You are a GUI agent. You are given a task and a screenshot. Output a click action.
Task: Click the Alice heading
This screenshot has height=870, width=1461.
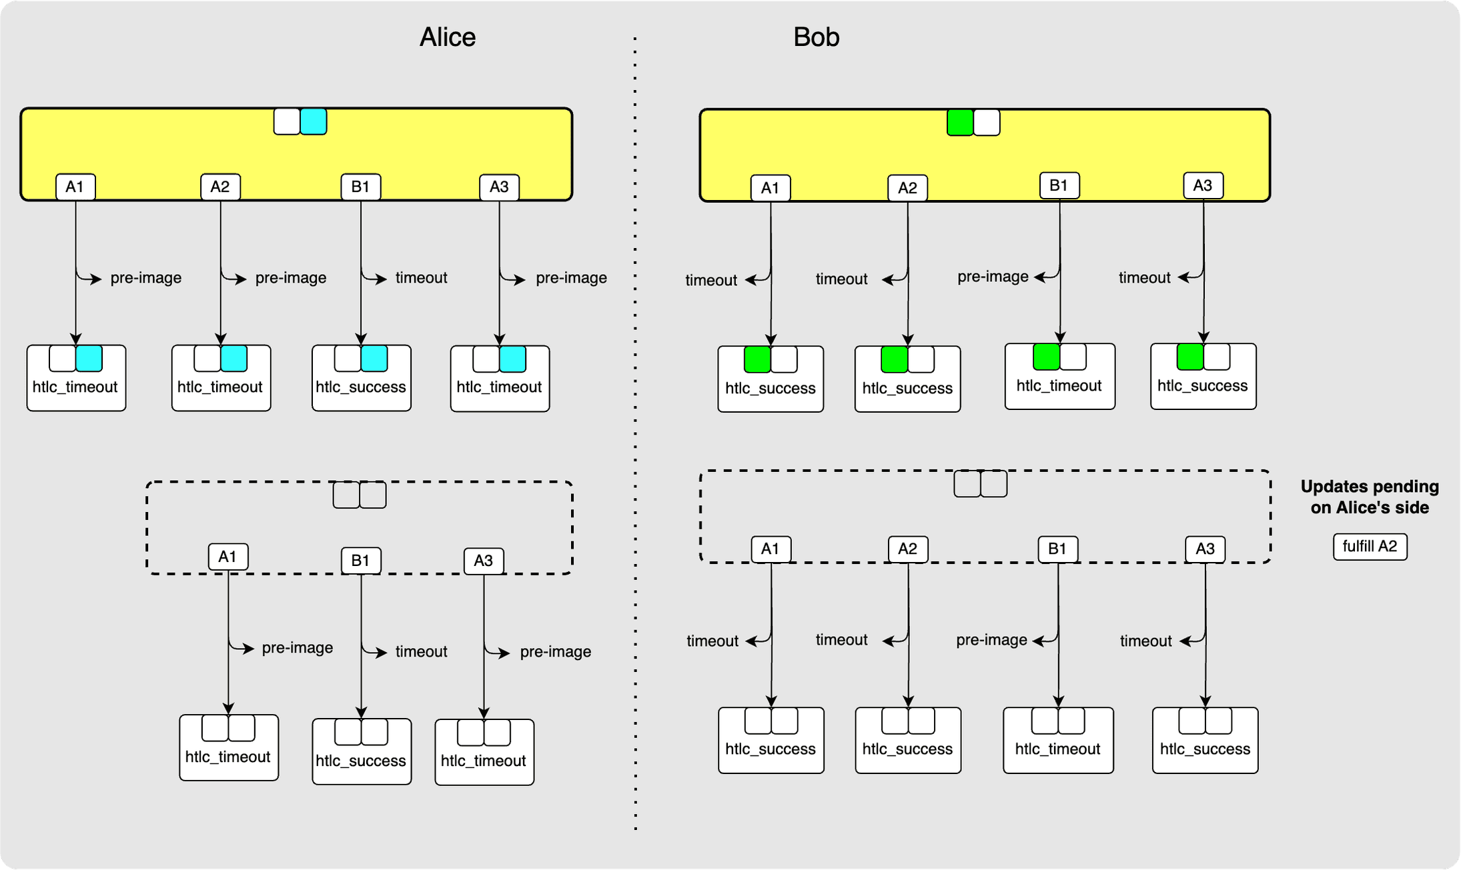point(447,37)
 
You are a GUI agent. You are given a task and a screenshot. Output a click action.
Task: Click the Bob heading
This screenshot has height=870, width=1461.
point(816,37)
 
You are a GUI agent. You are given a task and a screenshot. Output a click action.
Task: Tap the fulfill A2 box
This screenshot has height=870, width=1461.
point(1370,547)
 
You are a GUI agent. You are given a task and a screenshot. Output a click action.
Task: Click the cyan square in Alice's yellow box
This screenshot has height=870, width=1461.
point(314,122)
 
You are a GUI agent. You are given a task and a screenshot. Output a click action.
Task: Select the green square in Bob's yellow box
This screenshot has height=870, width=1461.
point(960,123)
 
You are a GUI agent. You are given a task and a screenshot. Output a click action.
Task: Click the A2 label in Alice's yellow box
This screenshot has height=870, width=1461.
point(220,187)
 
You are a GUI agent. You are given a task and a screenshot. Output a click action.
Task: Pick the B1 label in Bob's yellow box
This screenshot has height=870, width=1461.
point(1059,185)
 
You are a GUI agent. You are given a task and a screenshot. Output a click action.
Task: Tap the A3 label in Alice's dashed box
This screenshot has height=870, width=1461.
point(484,561)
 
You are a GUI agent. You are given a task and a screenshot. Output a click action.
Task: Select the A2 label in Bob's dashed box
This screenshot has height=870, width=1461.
point(907,549)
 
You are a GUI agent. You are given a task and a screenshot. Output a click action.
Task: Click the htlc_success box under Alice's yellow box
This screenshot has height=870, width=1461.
point(361,379)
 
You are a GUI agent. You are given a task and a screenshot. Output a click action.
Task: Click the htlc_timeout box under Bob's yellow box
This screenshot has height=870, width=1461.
point(1059,377)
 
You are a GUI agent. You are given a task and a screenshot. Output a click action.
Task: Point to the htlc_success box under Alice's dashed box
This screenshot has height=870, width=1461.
point(361,752)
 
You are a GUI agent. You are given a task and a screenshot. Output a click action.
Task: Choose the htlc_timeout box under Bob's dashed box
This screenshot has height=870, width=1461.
point(1058,741)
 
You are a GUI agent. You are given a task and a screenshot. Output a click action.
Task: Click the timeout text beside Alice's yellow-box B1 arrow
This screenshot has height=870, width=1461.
point(421,278)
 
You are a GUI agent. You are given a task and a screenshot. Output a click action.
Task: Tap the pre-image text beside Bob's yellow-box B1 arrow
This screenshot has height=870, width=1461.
point(993,277)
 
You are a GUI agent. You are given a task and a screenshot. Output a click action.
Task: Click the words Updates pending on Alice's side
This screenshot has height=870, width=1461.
point(1369,497)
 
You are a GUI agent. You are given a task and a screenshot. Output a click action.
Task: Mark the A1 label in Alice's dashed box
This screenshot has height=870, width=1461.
point(227,557)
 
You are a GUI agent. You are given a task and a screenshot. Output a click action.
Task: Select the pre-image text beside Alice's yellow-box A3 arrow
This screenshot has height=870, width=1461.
point(571,278)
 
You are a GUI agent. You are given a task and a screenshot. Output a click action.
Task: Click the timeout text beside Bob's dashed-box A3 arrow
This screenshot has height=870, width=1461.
point(1145,641)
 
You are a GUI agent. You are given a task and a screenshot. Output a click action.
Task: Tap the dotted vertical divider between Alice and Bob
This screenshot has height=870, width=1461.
point(635,433)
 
